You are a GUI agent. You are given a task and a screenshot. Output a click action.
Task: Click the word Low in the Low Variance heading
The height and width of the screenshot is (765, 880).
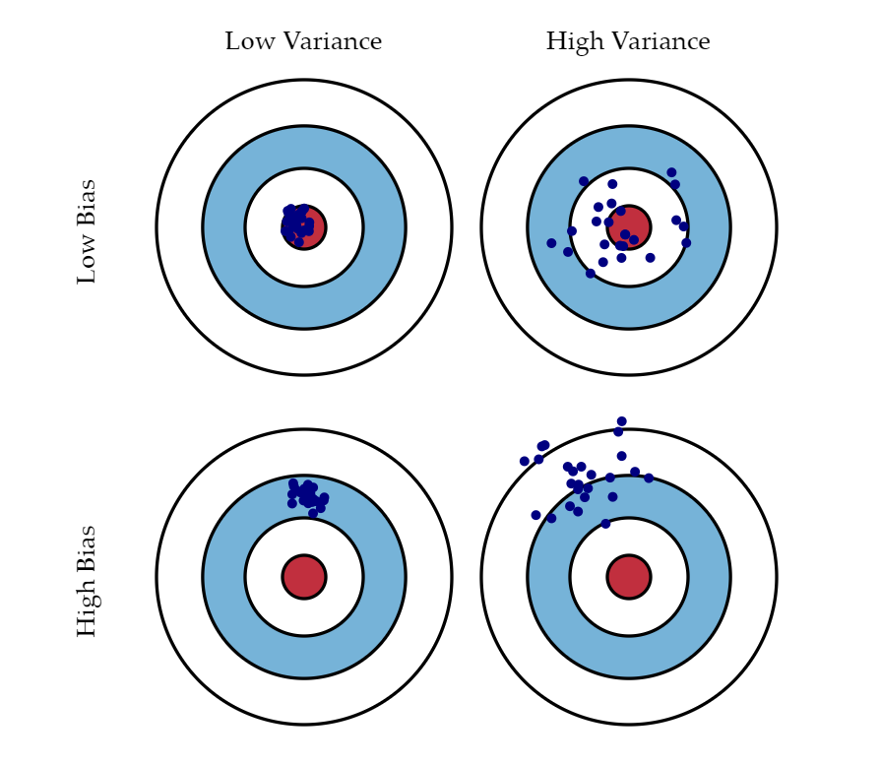(x=250, y=41)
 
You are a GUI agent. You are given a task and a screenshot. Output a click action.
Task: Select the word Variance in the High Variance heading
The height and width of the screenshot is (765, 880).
(x=660, y=41)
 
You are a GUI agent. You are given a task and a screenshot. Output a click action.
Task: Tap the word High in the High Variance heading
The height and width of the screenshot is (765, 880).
(x=575, y=42)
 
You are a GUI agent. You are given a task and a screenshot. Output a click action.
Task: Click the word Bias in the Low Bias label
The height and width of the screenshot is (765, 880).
(x=86, y=202)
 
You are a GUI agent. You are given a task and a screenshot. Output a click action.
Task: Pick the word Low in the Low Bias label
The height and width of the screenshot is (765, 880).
(x=86, y=259)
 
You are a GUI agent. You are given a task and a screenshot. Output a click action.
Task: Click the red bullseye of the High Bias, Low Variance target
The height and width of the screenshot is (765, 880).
(x=304, y=576)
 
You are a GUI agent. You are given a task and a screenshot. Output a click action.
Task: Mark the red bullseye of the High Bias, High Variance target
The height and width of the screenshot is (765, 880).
(x=629, y=576)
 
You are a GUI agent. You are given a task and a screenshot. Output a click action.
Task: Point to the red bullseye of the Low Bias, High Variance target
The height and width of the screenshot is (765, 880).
(x=629, y=227)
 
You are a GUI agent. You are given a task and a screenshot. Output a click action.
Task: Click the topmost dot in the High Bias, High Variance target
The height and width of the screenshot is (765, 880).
(x=621, y=421)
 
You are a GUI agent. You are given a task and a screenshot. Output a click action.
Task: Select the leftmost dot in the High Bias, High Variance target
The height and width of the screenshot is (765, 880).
(x=525, y=462)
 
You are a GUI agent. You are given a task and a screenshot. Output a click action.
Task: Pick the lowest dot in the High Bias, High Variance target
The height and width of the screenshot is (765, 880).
(x=605, y=524)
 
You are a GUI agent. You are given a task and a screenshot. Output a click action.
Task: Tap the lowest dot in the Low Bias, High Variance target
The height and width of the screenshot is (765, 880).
(x=590, y=274)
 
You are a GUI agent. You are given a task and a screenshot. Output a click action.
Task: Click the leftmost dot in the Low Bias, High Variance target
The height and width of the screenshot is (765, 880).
(x=551, y=243)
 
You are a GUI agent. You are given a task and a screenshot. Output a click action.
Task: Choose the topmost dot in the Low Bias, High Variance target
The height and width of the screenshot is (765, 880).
(x=671, y=172)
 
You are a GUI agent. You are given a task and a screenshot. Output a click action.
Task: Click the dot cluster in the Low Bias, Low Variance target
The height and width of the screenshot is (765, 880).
(x=297, y=225)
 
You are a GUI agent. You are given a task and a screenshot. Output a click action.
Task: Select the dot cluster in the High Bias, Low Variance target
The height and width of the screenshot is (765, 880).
(x=307, y=497)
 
